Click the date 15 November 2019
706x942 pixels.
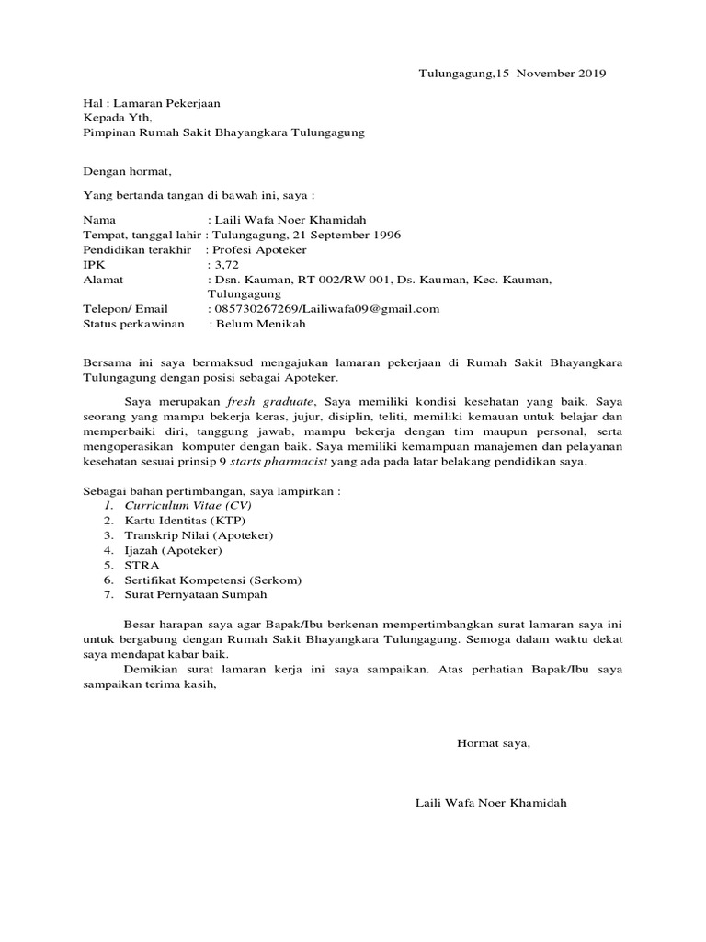[552, 73]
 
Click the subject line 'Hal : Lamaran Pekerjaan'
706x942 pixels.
[152, 104]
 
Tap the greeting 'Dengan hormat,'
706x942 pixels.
[128, 171]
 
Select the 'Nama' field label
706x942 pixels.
[100, 221]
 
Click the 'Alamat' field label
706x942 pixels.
[103, 279]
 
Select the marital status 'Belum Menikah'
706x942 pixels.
[260, 324]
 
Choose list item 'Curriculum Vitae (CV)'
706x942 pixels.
[188, 506]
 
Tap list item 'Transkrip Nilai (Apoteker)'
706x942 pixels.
[199, 535]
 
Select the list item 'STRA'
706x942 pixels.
[142, 565]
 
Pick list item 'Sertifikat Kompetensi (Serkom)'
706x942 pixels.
[213, 580]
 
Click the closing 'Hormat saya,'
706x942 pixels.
[494, 742]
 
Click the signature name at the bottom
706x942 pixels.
[492, 803]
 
